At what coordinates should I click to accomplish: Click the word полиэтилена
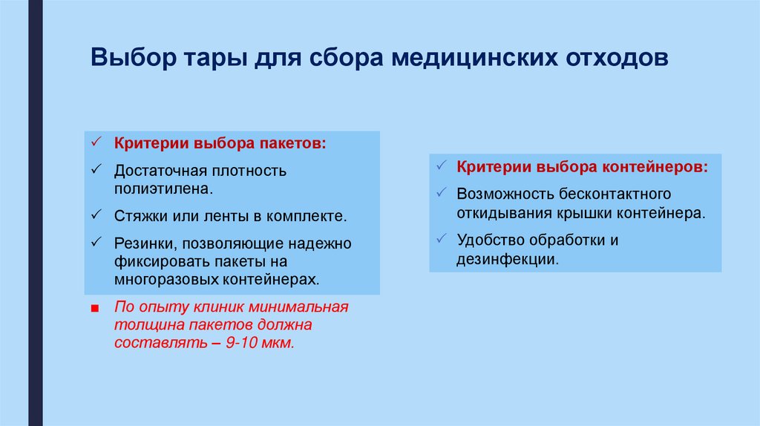tap(163, 189)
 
